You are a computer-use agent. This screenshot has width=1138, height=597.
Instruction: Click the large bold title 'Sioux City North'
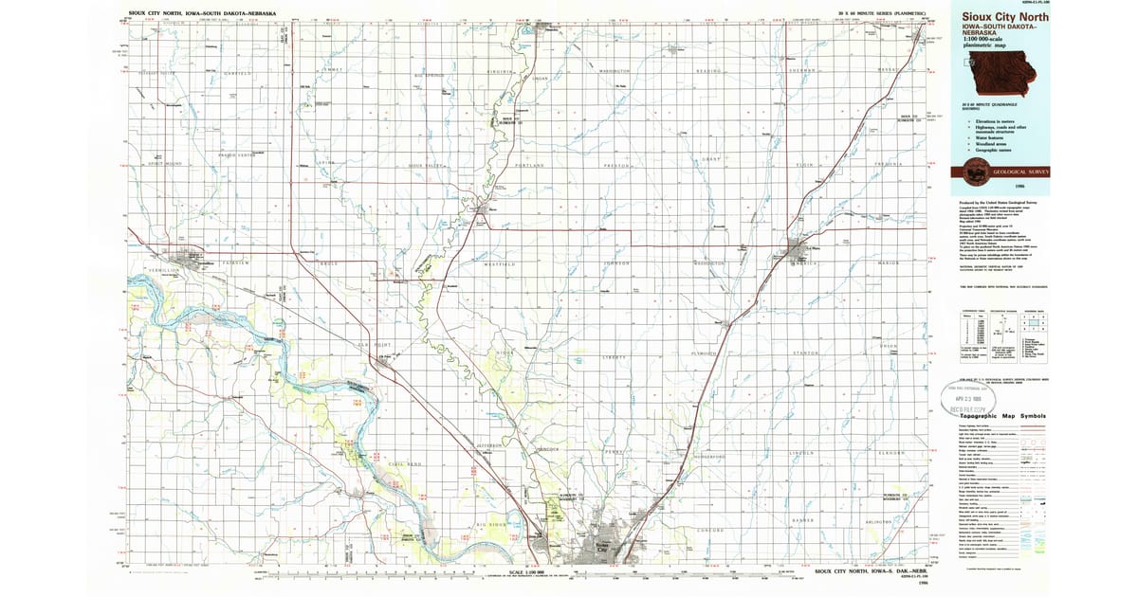point(1004,19)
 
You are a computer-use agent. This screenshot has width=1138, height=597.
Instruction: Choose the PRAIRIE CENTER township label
point(237,155)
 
